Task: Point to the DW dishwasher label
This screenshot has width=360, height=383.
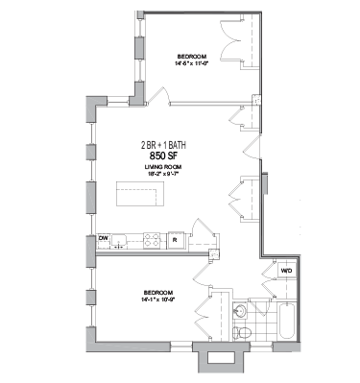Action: pos(104,238)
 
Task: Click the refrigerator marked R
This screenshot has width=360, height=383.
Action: pos(175,240)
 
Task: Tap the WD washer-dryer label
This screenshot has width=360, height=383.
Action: pos(286,272)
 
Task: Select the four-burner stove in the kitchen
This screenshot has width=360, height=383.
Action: pos(150,240)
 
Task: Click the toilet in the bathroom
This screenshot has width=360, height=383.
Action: pos(244,331)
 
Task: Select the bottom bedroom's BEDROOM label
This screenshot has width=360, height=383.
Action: pos(157,292)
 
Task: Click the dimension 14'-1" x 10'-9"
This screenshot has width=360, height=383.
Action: pos(157,299)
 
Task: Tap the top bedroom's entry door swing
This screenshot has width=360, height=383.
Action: pos(160,93)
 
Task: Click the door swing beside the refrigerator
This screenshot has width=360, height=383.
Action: pos(200,229)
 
